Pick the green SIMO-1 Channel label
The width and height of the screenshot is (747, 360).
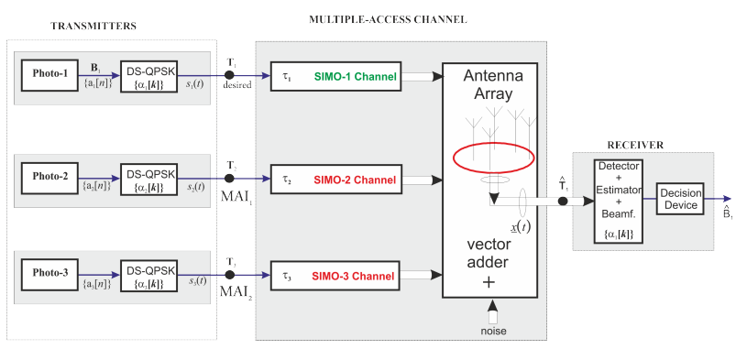(355, 77)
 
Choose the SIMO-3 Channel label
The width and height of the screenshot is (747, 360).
(355, 275)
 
